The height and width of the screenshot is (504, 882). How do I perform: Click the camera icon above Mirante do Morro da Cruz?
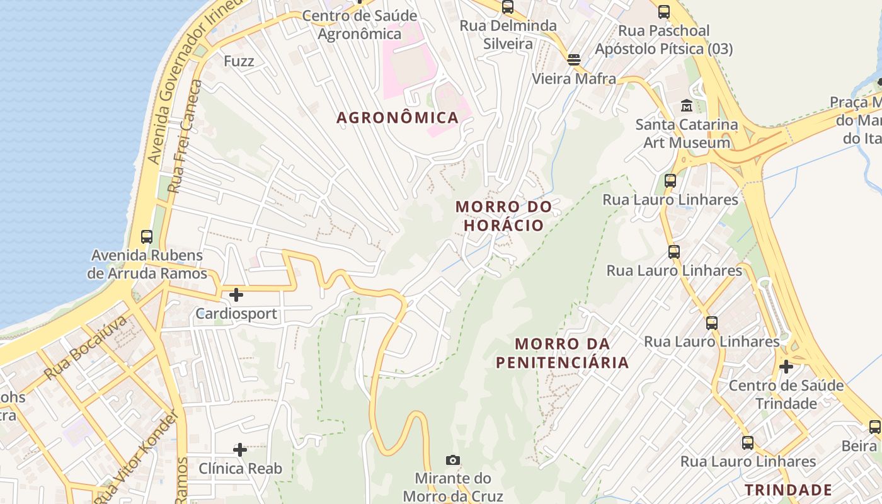pyautogui.click(x=452, y=460)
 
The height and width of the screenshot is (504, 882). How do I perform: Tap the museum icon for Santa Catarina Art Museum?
pyautogui.click(x=686, y=105)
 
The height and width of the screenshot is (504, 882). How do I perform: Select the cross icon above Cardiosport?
pyautogui.click(x=236, y=294)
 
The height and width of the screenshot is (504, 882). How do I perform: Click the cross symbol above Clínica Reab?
pyautogui.click(x=240, y=449)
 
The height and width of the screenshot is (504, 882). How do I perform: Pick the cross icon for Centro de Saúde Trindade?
pyautogui.click(x=786, y=366)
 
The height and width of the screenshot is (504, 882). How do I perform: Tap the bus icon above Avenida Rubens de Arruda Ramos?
pyautogui.click(x=147, y=237)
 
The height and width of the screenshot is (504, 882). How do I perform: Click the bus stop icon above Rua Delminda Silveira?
pyautogui.click(x=508, y=7)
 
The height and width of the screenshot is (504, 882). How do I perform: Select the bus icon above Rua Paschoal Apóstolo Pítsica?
pyautogui.click(x=664, y=11)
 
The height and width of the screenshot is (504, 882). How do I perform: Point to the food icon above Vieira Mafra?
pyautogui.click(x=573, y=60)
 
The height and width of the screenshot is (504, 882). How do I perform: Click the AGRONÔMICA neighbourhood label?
pyautogui.click(x=397, y=118)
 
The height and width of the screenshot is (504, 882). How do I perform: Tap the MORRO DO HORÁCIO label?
pyautogui.click(x=503, y=215)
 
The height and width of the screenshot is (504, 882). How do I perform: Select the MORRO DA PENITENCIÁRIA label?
pyautogui.click(x=562, y=353)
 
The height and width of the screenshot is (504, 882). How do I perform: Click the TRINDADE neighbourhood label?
pyautogui.click(x=788, y=490)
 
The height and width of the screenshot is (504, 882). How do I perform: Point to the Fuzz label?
pyautogui.click(x=239, y=61)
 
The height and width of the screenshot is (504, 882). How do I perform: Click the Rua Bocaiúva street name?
pyautogui.click(x=86, y=348)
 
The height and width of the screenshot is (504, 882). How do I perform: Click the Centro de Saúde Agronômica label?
pyautogui.click(x=359, y=24)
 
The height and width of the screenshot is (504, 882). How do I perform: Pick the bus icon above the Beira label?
pyautogui.click(x=875, y=427)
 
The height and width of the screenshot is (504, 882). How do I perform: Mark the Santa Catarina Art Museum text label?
pyautogui.click(x=686, y=134)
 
